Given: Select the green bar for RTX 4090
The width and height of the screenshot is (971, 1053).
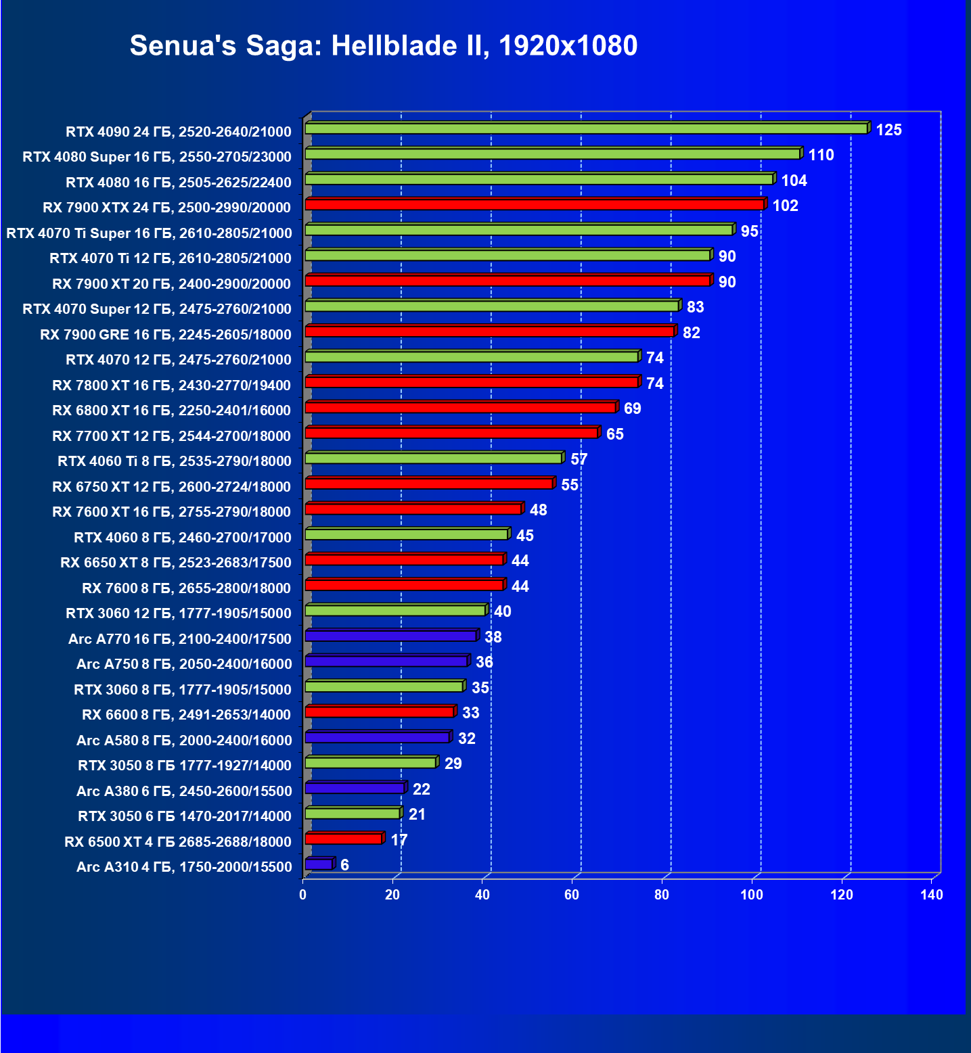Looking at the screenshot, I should [586, 128].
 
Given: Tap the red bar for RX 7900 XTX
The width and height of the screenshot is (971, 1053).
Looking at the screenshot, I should [535, 204].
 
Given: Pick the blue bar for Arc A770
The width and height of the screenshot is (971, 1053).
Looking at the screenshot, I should [391, 636].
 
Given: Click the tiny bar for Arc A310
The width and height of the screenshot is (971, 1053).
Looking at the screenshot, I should [319, 864].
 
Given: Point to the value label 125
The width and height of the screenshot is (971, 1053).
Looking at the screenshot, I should [888, 130].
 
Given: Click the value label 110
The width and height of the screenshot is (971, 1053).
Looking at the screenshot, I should [821, 155].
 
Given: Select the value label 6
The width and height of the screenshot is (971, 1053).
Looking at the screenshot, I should [344, 865].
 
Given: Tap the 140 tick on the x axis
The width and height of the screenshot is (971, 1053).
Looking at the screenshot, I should [931, 895].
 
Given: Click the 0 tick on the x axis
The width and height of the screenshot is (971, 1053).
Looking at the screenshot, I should [302, 895].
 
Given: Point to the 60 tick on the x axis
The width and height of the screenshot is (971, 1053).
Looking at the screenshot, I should [572, 895].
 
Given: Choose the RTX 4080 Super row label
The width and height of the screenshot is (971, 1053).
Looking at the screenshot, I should [156, 157].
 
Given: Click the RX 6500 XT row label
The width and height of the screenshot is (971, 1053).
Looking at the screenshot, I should [177, 841].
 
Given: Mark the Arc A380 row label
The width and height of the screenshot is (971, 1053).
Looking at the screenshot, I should [183, 791].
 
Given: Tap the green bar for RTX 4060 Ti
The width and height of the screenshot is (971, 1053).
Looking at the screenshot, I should [434, 459].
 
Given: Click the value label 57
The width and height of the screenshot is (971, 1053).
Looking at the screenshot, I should [579, 459].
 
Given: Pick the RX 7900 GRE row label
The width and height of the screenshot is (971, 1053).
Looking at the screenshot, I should [165, 334].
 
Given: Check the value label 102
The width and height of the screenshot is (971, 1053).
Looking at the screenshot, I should [785, 206].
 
